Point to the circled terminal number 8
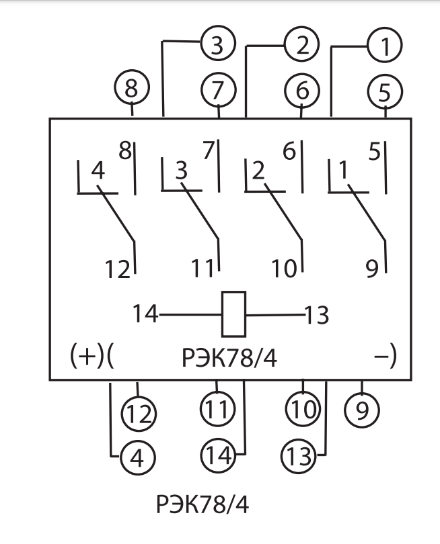(x=132, y=89)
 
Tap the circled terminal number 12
(x=139, y=412)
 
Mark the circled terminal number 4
(x=137, y=457)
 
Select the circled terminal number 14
(x=217, y=457)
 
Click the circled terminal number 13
(x=299, y=457)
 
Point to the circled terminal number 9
(x=362, y=410)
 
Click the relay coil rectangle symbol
(x=233, y=314)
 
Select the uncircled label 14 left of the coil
(x=145, y=314)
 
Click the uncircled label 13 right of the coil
(x=316, y=314)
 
